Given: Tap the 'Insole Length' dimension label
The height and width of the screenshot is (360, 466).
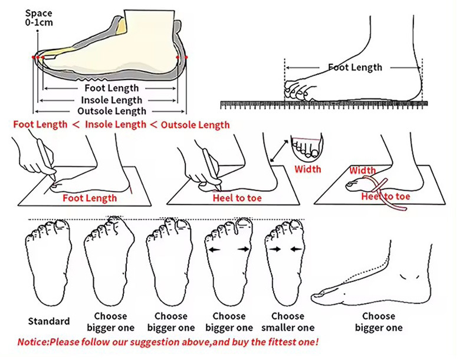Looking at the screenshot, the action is coord(111,100).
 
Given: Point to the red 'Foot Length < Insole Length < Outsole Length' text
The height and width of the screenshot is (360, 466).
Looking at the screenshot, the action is coord(122,125).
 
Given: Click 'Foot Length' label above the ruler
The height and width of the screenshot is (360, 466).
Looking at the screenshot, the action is coord(355,67).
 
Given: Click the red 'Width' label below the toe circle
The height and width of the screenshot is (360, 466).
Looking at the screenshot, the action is coord(308,169).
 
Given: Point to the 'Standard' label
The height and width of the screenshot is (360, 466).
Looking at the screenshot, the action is coord(48,322).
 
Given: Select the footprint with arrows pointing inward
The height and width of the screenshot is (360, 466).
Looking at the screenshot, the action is coord(285,260).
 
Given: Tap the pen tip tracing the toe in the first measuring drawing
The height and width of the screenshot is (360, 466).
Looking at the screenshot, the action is coord(53,180).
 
